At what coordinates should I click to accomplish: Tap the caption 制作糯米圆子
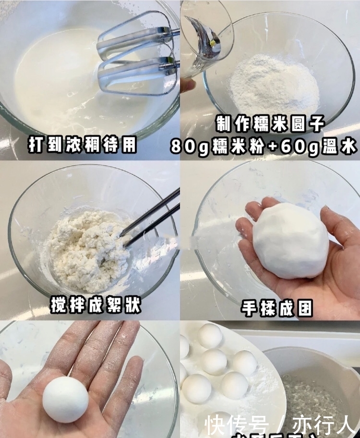(x=270, y=125)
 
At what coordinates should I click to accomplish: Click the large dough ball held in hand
(x=290, y=240)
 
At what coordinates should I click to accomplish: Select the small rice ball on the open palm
(x=65, y=399)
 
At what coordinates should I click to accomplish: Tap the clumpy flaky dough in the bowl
(x=89, y=250)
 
